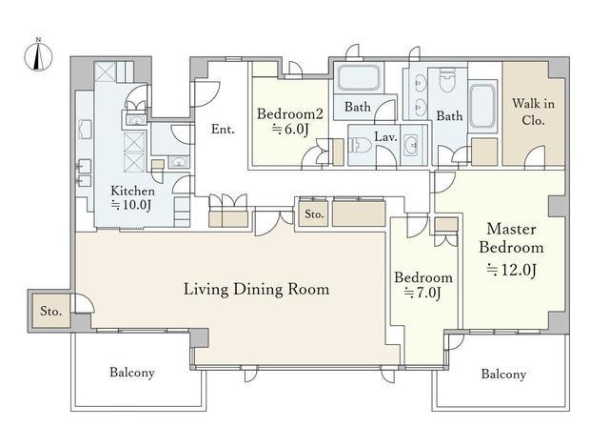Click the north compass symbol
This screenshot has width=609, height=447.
click(38, 55)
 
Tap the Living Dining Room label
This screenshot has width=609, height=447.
click(256, 290)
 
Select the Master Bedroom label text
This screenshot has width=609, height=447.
click(511, 238)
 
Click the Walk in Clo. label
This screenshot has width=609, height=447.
click(533, 112)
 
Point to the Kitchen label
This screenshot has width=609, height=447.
click(132, 191)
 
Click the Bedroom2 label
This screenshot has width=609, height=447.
click(289, 114)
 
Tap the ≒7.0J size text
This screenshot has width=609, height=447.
click(422, 293)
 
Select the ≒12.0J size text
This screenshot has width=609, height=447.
click(512, 270)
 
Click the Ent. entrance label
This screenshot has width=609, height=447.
click(223, 129)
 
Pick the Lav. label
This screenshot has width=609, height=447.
click(385, 136)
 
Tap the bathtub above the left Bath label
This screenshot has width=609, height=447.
click(358, 78)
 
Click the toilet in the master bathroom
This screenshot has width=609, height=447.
click(446, 80)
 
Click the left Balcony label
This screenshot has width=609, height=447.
click(132, 373)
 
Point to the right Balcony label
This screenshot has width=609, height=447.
click(503, 374)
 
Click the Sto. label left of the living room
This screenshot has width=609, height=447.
click(50, 311)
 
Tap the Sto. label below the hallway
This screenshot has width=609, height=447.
click(314, 213)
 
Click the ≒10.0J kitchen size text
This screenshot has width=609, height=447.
click(131, 205)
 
